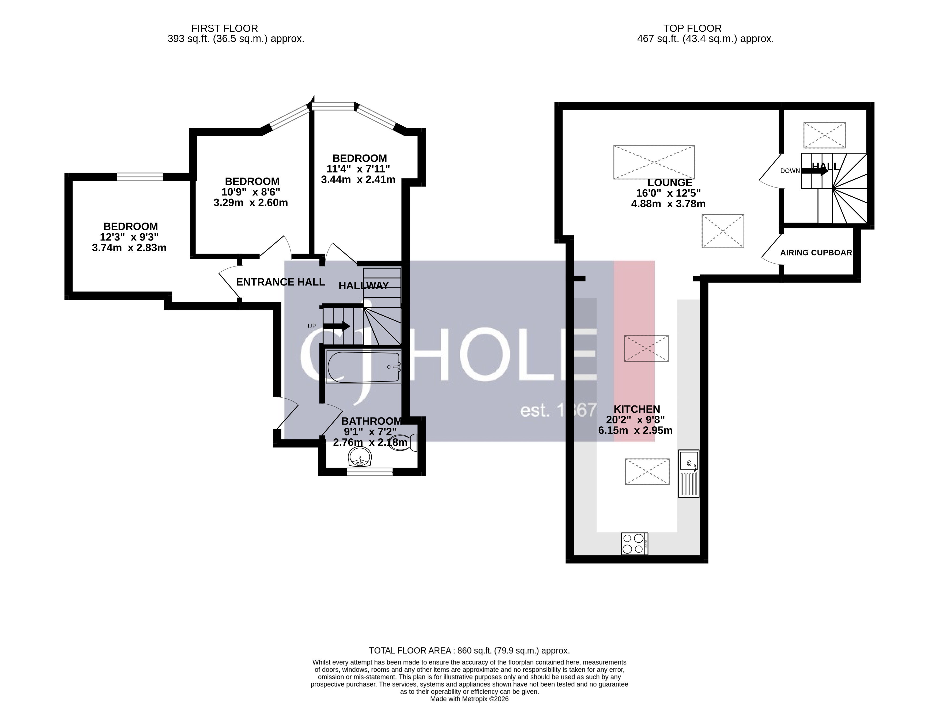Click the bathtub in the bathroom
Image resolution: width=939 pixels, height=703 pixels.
363,367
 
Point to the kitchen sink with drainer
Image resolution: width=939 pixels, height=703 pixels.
688,473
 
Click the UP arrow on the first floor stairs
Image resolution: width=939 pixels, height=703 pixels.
336,326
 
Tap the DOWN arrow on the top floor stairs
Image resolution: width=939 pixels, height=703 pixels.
814,171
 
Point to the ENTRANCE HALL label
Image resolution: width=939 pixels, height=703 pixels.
280,282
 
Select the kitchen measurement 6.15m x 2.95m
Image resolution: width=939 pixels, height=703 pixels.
635,430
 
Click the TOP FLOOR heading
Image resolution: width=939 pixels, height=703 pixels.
692,28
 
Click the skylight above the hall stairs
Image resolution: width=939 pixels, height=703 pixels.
824,135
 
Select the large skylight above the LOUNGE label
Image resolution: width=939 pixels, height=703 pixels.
654,162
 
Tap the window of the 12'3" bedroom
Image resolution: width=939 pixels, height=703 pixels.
140,176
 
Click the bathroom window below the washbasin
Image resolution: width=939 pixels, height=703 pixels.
369,471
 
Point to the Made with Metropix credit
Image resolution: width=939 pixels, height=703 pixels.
469,699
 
